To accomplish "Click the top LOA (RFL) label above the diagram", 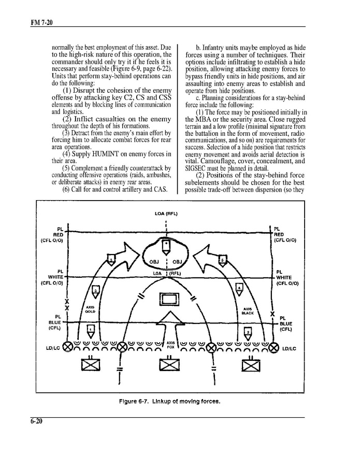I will (x=166, y=214).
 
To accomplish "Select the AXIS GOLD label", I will (x=90, y=309).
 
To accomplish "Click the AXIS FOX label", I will (x=170, y=345).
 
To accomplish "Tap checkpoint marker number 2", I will (x=248, y=332).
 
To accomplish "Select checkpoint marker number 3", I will (x=96, y=292).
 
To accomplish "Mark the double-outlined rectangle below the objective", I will (x=167, y=300).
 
